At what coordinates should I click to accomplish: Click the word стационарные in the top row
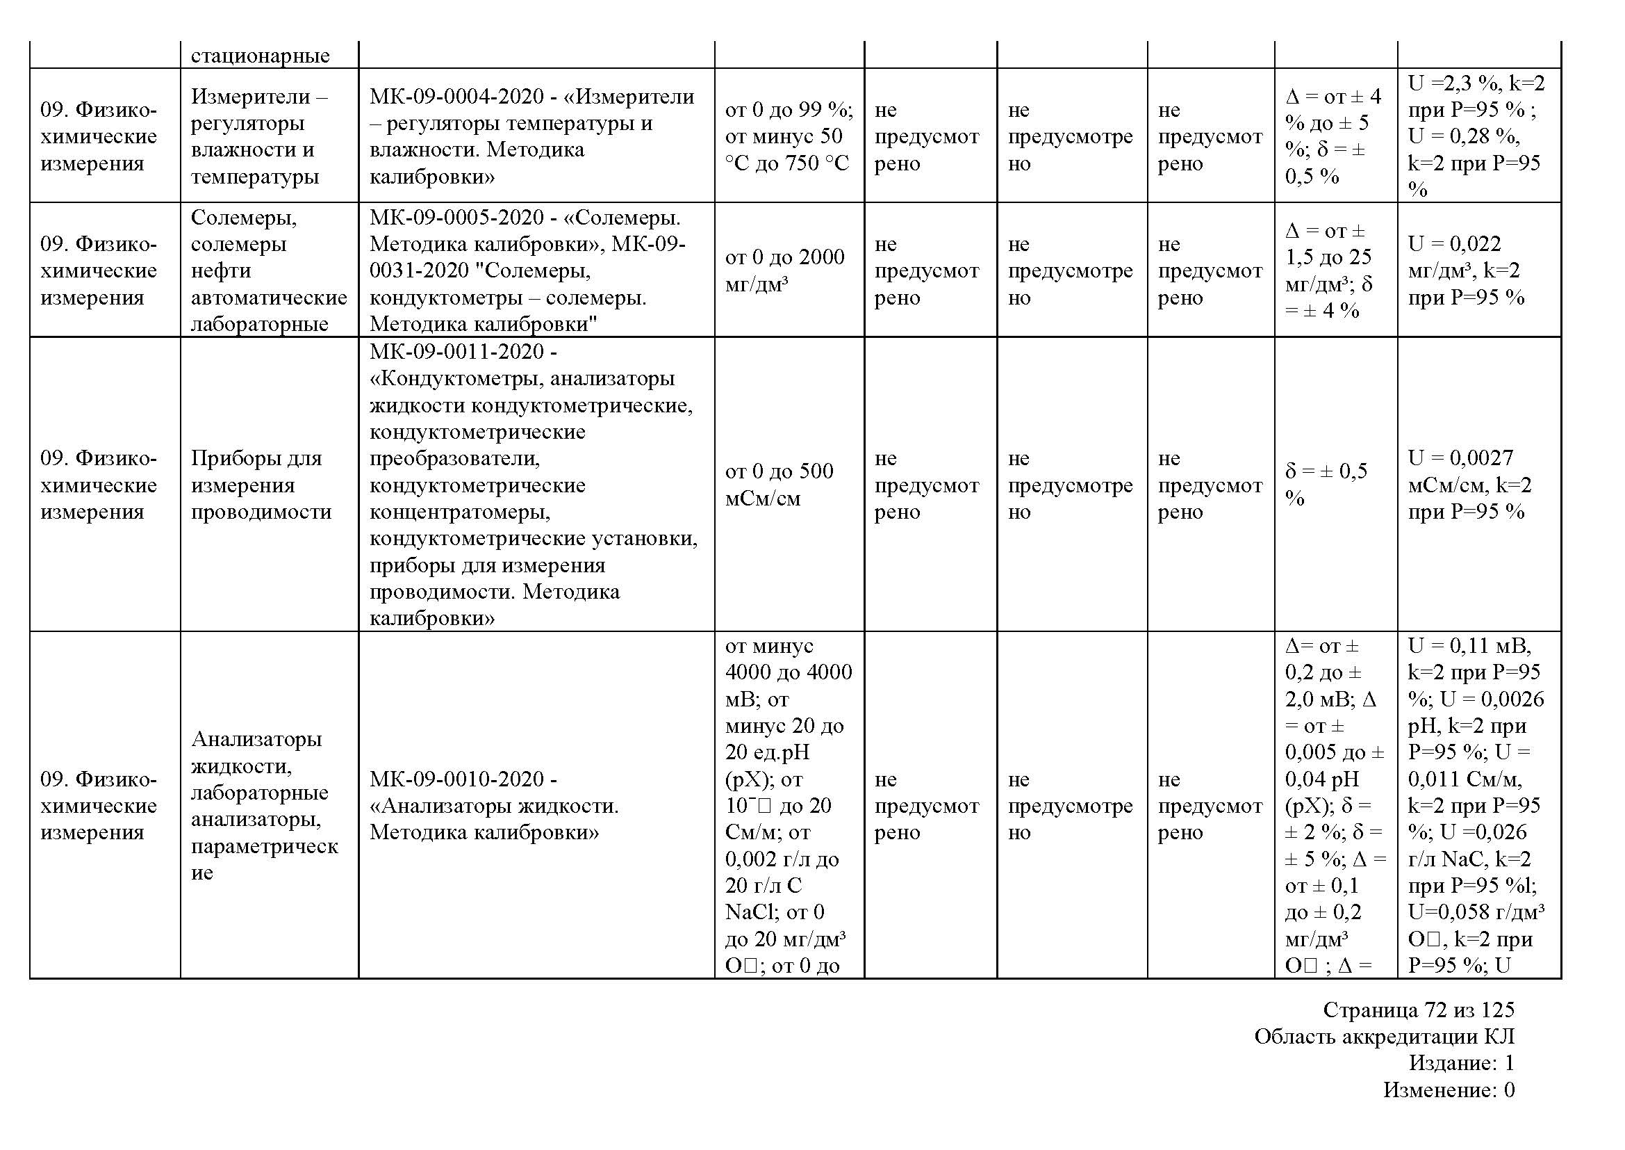click(x=260, y=56)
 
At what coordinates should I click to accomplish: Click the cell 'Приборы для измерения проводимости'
click(x=261, y=485)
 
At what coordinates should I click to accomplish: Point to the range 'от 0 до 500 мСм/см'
click(x=779, y=485)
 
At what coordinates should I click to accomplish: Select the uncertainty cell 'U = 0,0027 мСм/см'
click(x=1469, y=485)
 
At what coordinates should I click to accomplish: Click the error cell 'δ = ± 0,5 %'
click(x=1326, y=485)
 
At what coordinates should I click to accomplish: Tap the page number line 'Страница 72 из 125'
click(x=1419, y=1010)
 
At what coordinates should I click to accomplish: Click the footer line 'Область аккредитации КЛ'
click(x=1384, y=1037)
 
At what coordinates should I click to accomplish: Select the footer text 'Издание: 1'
click(x=1461, y=1063)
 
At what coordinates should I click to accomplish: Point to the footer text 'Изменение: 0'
click(x=1448, y=1090)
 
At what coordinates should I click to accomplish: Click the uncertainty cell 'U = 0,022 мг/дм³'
click(x=1465, y=270)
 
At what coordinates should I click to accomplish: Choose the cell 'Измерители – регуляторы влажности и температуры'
click(x=258, y=136)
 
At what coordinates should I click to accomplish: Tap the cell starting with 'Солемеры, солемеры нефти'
click(x=268, y=270)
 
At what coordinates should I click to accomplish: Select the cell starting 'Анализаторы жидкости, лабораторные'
click(x=264, y=805)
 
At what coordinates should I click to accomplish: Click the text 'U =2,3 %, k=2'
click(x=1476, y=83)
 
